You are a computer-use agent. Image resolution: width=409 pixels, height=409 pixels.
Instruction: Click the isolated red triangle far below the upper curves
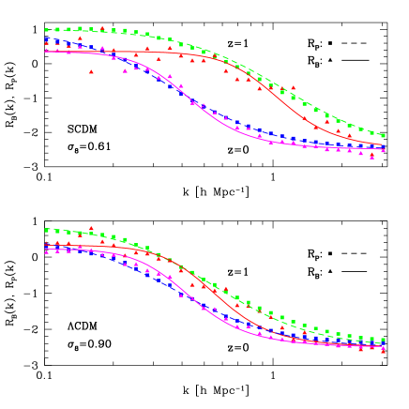[91, 71]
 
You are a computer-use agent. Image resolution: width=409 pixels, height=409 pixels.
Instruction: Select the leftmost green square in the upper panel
[46, 30]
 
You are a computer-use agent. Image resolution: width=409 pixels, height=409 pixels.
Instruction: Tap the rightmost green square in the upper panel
[383, 135]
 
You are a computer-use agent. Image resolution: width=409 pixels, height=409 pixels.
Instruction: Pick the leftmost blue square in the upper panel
[46, 41]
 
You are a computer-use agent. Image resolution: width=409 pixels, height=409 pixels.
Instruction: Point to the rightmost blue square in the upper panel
[383, 148]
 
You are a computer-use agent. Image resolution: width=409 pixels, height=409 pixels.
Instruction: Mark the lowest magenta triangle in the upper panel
[372, 157]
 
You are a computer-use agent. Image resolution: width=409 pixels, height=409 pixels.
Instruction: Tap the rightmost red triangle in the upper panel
[383, 150]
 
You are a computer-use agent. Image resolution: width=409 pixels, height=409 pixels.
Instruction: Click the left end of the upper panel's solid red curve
[45, 51]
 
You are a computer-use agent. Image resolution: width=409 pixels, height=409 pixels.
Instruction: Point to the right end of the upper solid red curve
[383, 145]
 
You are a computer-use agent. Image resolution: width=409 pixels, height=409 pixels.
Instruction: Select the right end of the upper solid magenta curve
[383, 149]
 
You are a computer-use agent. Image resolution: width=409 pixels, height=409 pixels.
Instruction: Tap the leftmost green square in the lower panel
[46, 230]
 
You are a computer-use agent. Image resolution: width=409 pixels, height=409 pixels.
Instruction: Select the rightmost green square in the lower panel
[383, 339]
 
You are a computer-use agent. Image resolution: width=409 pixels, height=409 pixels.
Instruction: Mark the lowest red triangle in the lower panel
[383, 352]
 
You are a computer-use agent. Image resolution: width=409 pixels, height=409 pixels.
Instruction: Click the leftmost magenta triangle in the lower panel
[46, 252]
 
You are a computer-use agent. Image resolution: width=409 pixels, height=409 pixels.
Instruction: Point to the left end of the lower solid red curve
[45, 246]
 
